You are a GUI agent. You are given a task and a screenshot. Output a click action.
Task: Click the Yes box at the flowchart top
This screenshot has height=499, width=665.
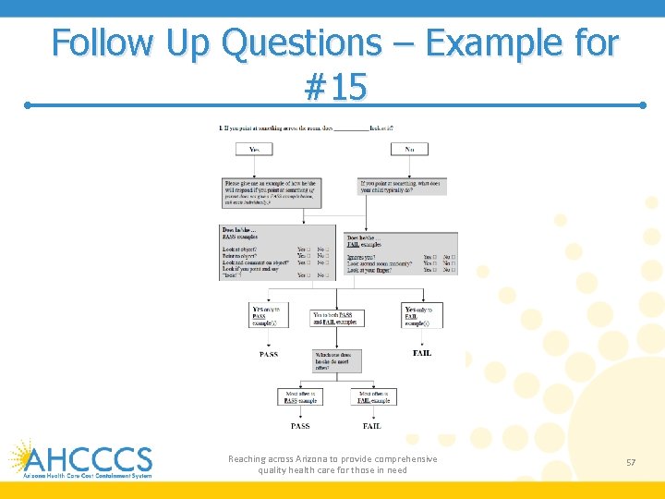[x=254, y=149]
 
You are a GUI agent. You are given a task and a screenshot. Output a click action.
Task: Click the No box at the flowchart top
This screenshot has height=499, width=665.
[x=409, y=149]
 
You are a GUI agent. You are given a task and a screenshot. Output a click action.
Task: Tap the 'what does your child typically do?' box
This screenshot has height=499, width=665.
[x=402, y=187]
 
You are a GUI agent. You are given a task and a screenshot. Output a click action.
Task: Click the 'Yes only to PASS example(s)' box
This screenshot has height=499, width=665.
[x=265, y=315]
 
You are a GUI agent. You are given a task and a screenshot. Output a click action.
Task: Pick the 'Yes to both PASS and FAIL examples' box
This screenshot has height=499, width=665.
[x=337, y=318]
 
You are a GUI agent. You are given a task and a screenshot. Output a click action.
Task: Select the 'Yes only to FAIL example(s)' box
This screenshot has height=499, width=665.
[x=422, y=315]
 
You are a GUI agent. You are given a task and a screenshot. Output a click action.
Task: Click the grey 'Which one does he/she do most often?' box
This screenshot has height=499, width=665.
[x=337, y=360]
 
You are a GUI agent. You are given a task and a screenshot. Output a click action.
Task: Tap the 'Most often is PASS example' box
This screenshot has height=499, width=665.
[x=299, y=396]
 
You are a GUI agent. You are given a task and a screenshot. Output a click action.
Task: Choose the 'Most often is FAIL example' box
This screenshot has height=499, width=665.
[x=374, y=396]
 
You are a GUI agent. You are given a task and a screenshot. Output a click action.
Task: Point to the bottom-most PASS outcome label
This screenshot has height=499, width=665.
[x=300, y=426]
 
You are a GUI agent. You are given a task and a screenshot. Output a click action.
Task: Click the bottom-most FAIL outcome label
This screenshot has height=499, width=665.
[x=371, y=426]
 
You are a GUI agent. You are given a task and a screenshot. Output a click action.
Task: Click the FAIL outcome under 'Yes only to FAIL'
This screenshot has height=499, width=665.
[x=421, y=353]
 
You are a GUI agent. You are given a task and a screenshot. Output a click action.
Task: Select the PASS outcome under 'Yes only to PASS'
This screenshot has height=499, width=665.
[x=268, y=354]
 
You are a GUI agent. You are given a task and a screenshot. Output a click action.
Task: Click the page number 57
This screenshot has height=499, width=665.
[x=631, y=462]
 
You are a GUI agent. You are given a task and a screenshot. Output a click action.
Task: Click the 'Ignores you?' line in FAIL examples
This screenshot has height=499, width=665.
[x=362, y=257]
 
